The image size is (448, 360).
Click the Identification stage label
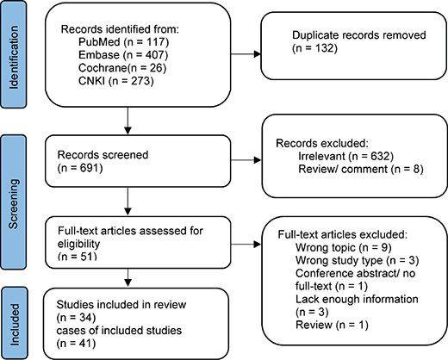14,58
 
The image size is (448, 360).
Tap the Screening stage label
14,204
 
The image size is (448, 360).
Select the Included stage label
15,325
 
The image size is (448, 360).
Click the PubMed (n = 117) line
124,42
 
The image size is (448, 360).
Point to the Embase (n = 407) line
123,55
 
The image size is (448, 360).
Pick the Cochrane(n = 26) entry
122,68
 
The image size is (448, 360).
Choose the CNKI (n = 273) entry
116,81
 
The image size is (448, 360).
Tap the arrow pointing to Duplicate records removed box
246,54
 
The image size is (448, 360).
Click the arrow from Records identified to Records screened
128,121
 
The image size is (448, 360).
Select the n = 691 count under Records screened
80,168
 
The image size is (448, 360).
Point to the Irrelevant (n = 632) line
345,156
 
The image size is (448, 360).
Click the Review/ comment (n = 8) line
361,169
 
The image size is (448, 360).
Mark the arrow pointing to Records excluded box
246,160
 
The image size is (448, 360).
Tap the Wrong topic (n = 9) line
344,247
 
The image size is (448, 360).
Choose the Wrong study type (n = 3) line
357,260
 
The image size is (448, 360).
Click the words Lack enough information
357,299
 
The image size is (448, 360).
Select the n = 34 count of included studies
76,318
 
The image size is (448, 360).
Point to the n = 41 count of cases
76,344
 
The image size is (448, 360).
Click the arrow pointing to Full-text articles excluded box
246,245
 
